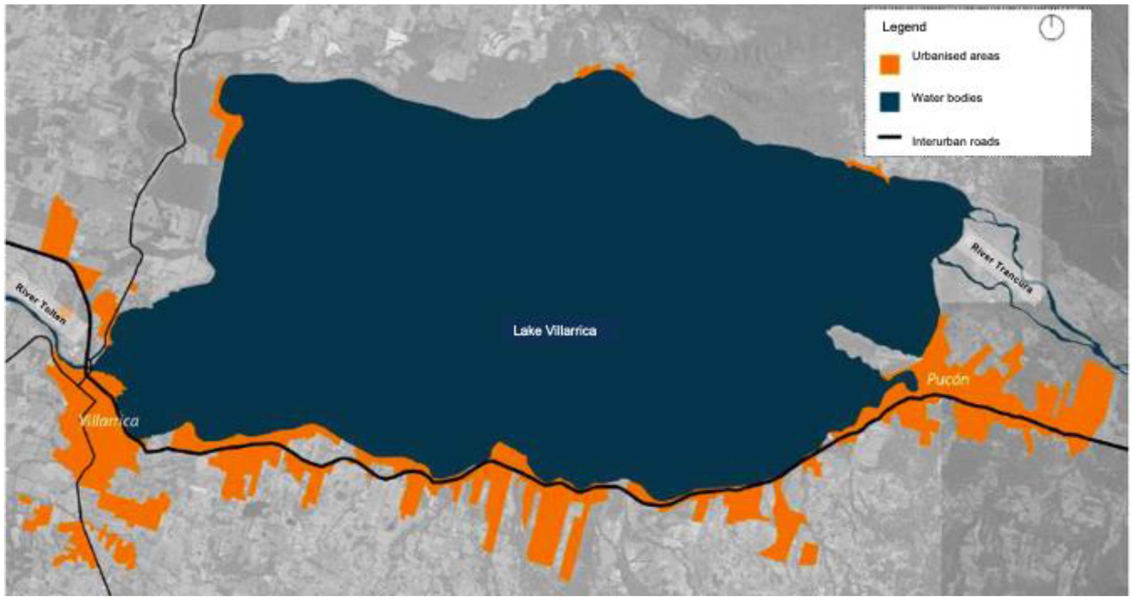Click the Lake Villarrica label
554,331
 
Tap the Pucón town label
947,379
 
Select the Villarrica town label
109,421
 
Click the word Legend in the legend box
904,27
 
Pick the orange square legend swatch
889,65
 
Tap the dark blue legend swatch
889,102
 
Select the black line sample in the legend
889,138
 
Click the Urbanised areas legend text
955,56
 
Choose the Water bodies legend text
947,98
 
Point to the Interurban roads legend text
955,142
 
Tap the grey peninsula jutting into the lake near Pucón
863,348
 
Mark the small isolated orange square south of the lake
808,554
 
